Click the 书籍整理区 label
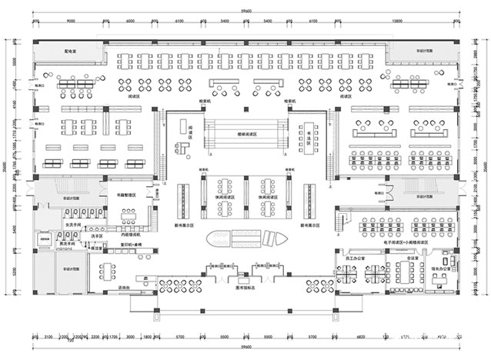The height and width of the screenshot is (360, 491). (127, 195)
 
